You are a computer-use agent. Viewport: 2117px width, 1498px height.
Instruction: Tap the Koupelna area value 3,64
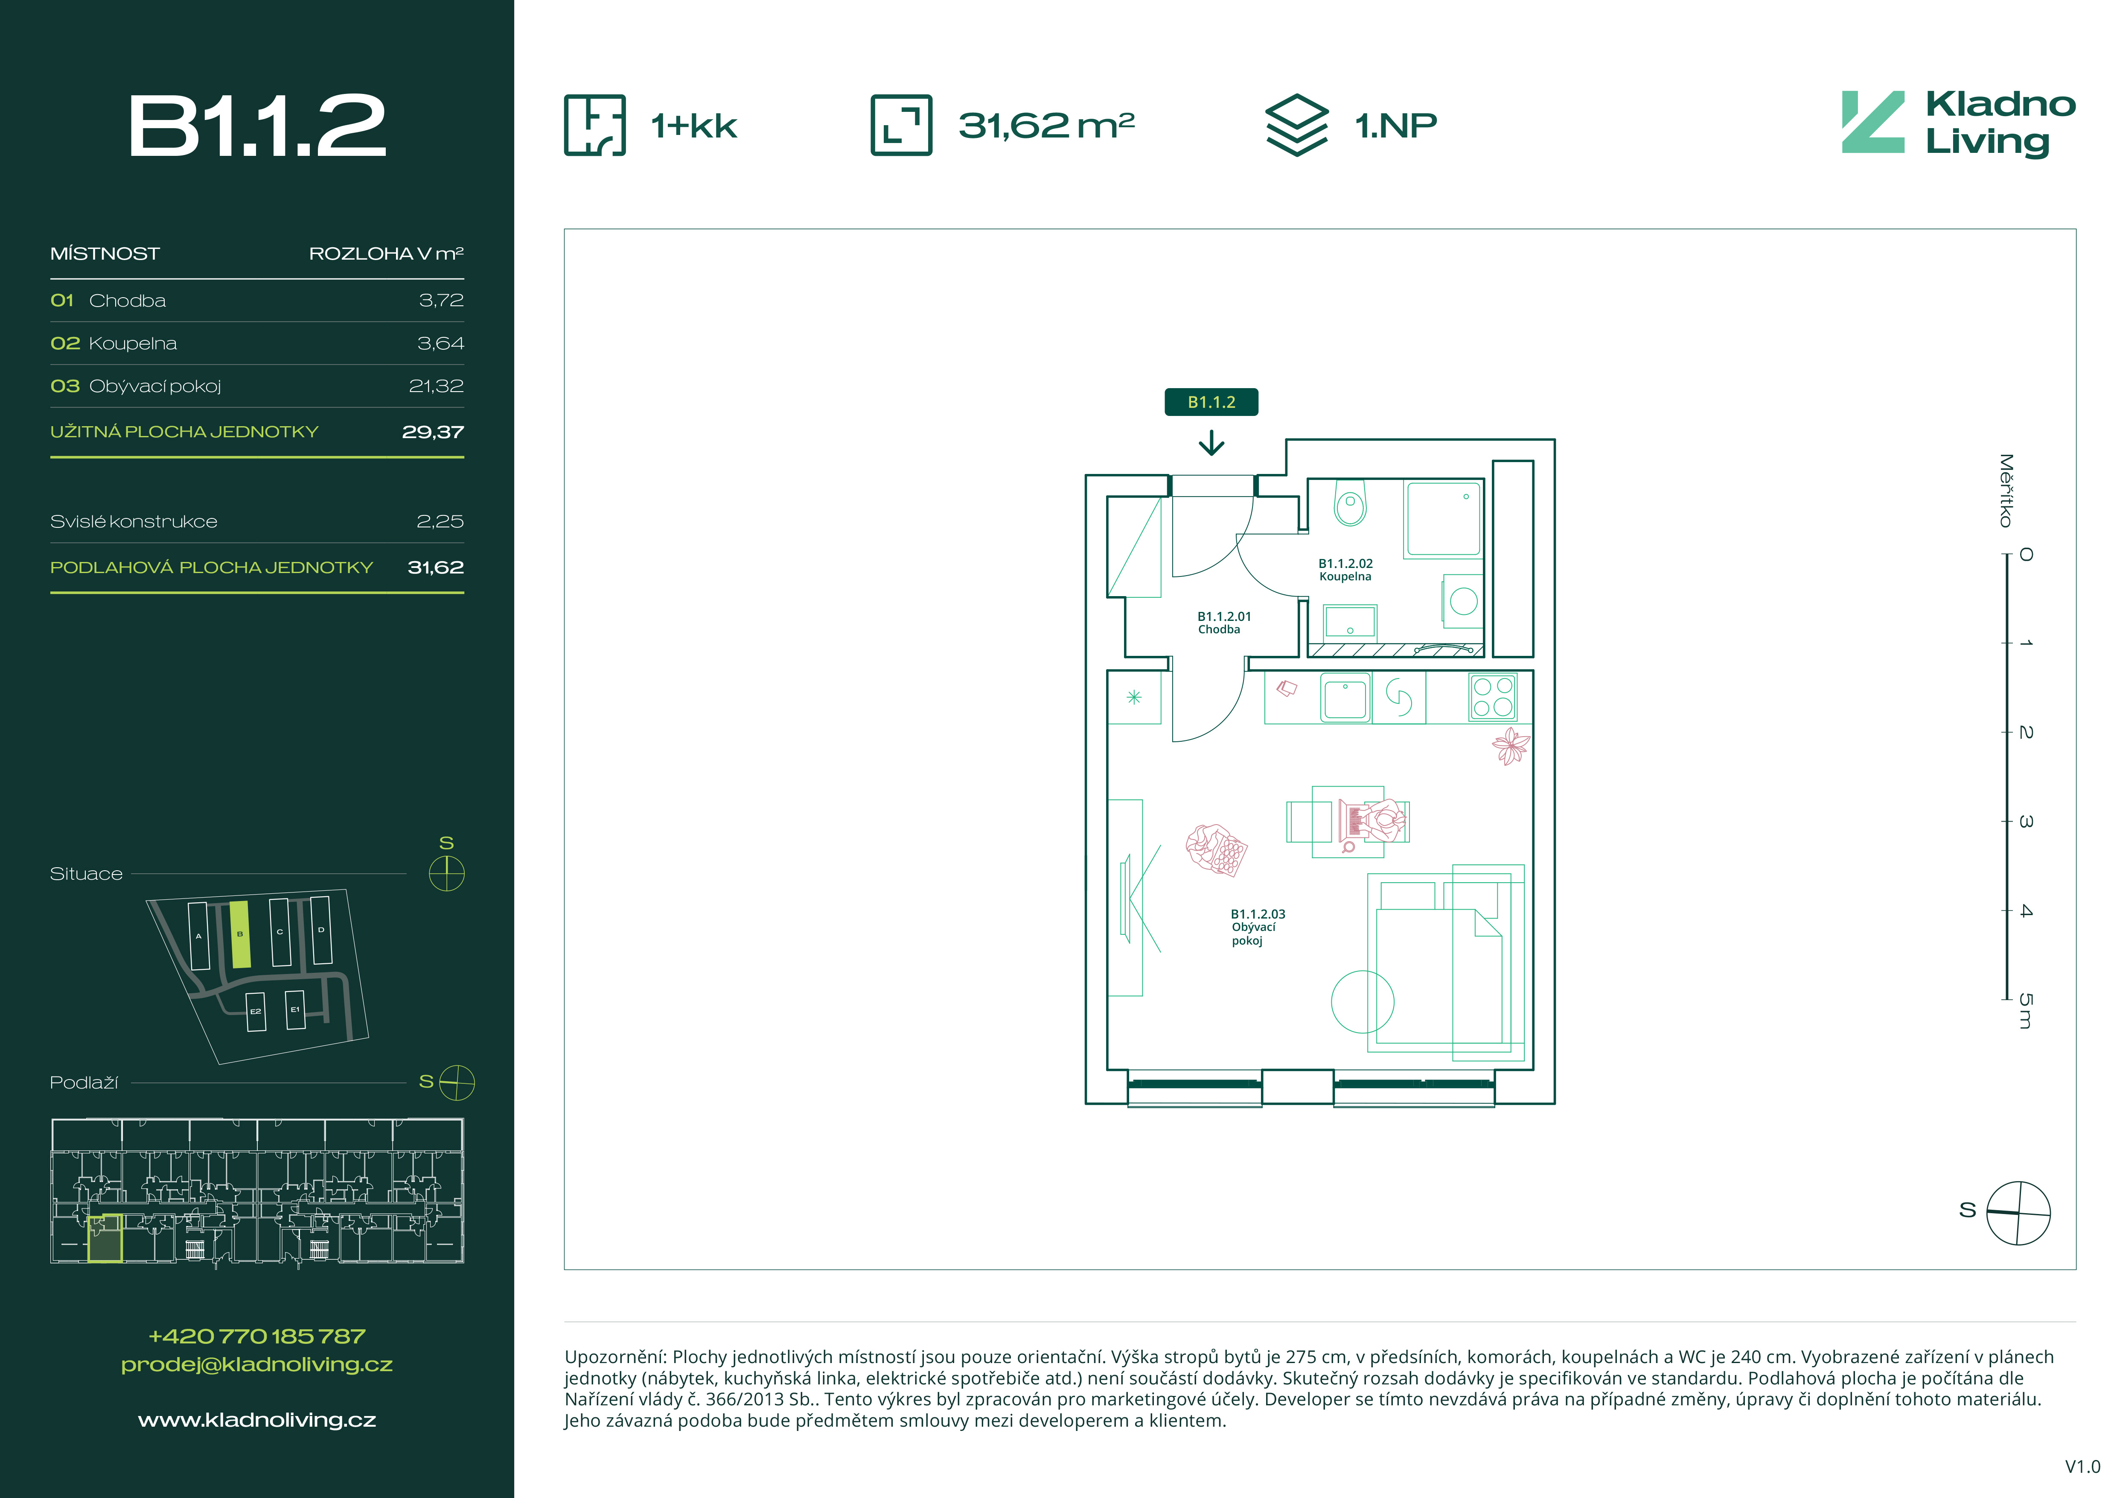(x=441, y=343)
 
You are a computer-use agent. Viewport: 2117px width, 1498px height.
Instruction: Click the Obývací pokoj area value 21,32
(x=436, y=386)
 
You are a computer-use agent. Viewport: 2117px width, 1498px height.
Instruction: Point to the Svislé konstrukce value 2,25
(x=441, y=521)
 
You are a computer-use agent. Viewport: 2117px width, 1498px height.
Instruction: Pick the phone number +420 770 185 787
(x=257, y=1336)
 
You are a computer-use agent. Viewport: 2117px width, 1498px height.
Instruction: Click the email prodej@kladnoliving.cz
(x=257, y=1364)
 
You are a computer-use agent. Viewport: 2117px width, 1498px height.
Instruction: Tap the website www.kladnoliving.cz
(x=257, y=1419)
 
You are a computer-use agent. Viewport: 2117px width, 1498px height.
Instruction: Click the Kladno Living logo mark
(x=1872, y=122)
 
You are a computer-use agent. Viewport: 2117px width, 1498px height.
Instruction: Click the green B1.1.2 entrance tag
(x=1211, y=402)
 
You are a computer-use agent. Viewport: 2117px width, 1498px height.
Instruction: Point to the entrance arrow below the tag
(x=1211, y=445)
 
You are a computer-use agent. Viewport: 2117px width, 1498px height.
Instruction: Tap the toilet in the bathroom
(x=1351, y=503)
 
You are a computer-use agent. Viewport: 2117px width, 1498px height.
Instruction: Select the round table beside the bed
(x=1363, y=1002)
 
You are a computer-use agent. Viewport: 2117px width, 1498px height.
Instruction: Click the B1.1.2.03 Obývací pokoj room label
(x=1258, y=927)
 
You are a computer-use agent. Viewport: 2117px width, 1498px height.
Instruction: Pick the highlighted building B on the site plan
(x=240, y=934)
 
